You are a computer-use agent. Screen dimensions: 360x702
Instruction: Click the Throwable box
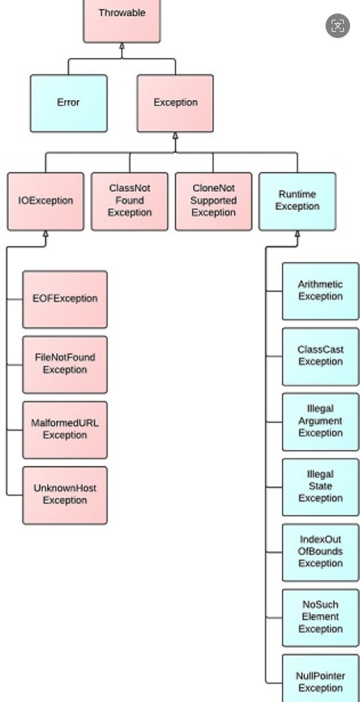pyautogui.click(x=122, y=21)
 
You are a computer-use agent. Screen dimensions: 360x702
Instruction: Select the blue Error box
pyautogui.click(x=68, y=103)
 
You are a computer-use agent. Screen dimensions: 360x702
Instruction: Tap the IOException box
pyautogui.click(x=46, y=201)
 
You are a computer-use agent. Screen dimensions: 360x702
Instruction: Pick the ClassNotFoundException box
pyautogui.click(x=129, y=201)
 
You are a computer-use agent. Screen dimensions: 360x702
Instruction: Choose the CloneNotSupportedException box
pyautogui.click(x=213, y=201)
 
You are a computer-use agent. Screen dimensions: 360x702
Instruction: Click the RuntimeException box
pyautogui.click(x=297, y=201)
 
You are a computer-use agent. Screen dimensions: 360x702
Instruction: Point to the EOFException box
pyautogui.click(x=65, y=299)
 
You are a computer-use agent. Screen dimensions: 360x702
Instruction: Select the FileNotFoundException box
pyautogui.click(x=65, y=365)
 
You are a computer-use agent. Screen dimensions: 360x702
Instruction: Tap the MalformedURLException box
pyautogui.click(x=65, y=430)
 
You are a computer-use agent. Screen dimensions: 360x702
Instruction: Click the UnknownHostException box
pyautogui.click(x=65, y=495)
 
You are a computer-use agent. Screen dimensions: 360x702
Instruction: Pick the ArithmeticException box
pyautogui.click(x=320, y=291)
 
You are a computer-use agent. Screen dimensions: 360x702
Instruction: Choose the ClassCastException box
pyautogui.click(x=320, y=357)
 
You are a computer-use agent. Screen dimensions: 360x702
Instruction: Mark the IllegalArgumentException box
pyautogui.click(x=320, y=422)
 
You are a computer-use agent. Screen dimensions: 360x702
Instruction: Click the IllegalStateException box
pyautogui.click(x=320, y=487)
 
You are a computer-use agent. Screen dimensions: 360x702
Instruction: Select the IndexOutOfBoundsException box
pyautogui.click(x=320, y=552)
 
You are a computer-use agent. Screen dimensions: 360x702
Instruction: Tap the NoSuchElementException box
pyautogui.click(x=320, y=618)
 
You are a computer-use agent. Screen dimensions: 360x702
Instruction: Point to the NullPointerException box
pyautogui.click(x=320, y=678)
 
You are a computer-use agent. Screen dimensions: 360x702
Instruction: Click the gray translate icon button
pyautogui.click(x=337, y=26)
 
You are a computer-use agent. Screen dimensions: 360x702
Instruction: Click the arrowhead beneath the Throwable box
pyautogui.click(x=122, y=46)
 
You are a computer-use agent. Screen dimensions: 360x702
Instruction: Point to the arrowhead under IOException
pyautogui.click(x=46, y=234)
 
